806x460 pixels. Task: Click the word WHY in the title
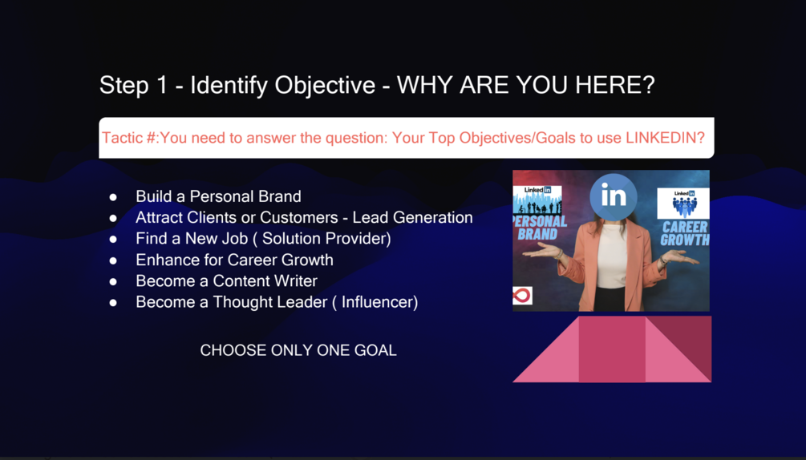click(x=425, y=85)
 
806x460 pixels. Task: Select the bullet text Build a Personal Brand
click(x=218, y=196)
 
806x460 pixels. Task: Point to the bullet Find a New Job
click(x=263, y=238)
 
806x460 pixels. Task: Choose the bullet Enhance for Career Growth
click(x=234, y=260)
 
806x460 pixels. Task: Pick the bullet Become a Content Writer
click(x=226, y=280)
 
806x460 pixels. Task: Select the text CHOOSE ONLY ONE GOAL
click(x=298, y=350)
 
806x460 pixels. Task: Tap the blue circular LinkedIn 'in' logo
click(x=614, y=196)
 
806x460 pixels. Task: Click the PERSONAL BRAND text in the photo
click(x=540, y=228)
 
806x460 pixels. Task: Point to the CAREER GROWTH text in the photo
click(x=685, y=233)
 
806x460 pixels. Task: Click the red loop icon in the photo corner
click(x=522, y=296)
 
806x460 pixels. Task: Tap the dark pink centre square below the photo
click(x=612, y=349)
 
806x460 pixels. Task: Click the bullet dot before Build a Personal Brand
click(x=113, y=196)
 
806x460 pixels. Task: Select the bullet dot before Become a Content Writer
click(x=113, y=281)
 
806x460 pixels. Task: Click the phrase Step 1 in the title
click(x=134, y=85)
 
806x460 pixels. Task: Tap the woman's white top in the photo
click(x=612, y=256)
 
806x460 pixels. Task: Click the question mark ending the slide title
click(x=649, y=85)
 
